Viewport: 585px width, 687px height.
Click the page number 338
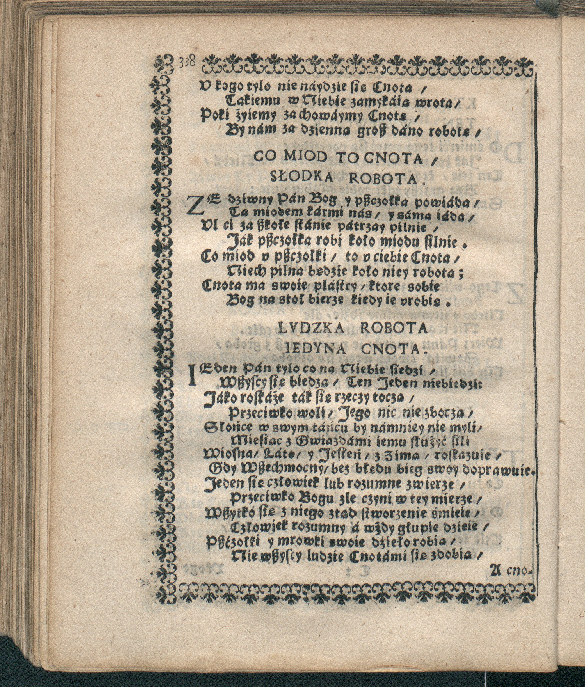[x=189, y=62]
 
